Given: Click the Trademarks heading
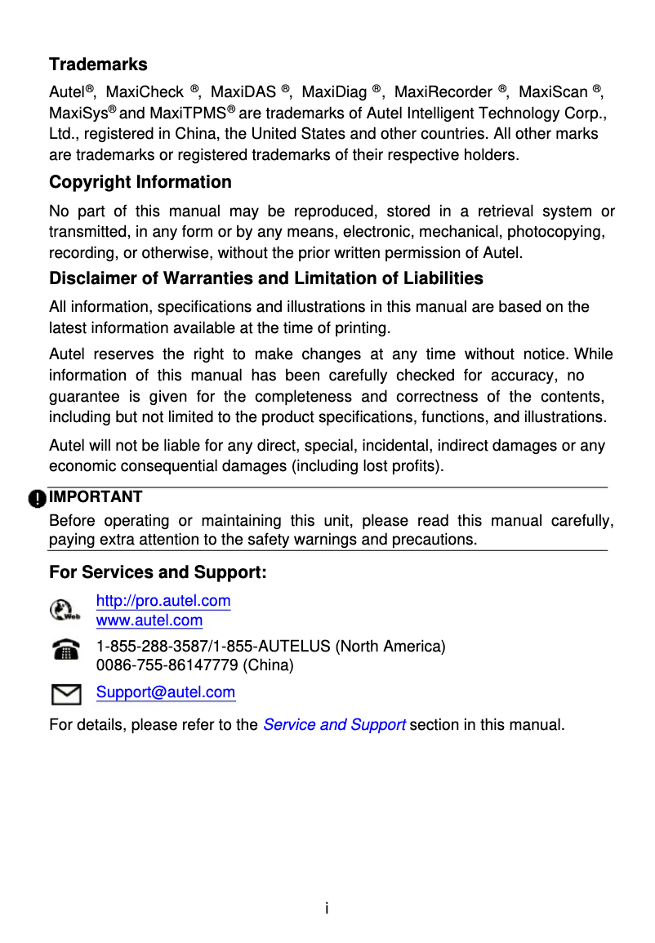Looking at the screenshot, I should (98, 64).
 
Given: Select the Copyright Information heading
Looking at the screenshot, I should (140, 182).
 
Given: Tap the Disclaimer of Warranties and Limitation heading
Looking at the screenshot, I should (266, 278).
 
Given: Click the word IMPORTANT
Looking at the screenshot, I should (96, 496).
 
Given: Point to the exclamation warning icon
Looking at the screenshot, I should (37, 498).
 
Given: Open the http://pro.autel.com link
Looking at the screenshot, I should (163, 602).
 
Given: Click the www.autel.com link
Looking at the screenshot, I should (149, 621).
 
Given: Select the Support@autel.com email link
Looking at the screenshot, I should (166, 692).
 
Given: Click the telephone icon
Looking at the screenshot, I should (65, 651).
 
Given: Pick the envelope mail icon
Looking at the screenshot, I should (65, 694).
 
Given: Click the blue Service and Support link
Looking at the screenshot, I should (334, 725).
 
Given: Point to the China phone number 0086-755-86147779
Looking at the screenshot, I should (167, 665).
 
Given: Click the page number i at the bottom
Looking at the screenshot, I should (327, 909).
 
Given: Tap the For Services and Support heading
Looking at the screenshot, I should (158, 572).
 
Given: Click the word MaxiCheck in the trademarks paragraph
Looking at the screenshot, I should (145, 92).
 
